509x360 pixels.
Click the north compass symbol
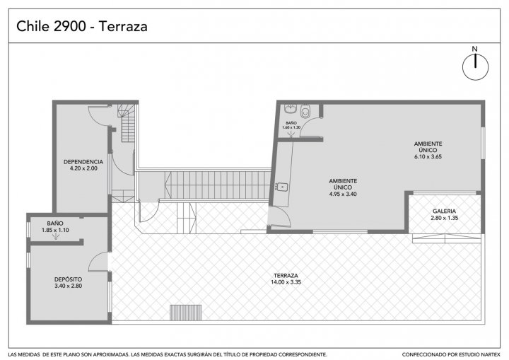[x=475, y=67]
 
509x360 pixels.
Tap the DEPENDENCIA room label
[x=83, y=162]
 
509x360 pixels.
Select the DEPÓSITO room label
[x=68, y=279]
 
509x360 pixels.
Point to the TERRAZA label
[x=286, y=276]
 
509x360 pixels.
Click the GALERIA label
[x=445, y=211]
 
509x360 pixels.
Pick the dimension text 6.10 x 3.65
[x=428, y=156]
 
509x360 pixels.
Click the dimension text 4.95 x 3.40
[x=343, y=194]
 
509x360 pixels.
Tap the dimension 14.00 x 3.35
[x=286, y=282]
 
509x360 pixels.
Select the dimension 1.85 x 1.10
[x=55, y=230]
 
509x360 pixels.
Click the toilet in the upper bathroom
[x=305, y=111]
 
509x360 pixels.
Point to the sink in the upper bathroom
[x=290, y=108]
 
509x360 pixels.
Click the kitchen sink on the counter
[x=282, y=187]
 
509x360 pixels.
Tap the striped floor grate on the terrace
[x=186, y=313]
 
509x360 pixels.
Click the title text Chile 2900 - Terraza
[x=82, y=26]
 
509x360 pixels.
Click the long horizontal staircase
[x=218, y=185]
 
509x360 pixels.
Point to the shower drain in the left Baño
[x=56, y=238]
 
